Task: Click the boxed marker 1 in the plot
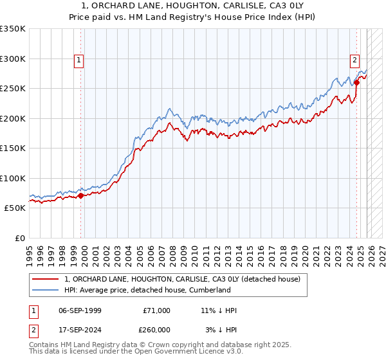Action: point(78,61)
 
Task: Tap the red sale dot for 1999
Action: point(80,196)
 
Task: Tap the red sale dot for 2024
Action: point(356,82)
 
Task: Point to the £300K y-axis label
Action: point(12,59)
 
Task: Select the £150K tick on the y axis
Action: point(12,148)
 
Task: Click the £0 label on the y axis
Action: point(19,238)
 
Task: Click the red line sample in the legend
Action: point(46,279)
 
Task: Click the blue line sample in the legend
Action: point(46,290)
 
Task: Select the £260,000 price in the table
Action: point(157,330)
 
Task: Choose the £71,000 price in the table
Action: point(157,310)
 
